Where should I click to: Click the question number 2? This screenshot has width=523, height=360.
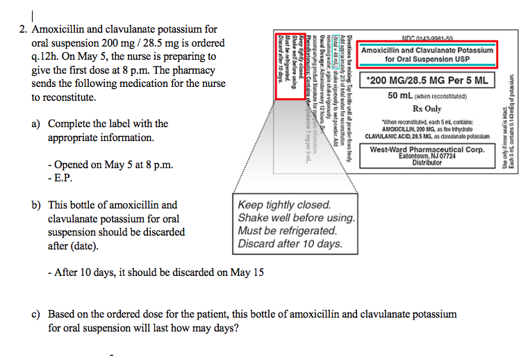pyautogui.click(x=23, y=30)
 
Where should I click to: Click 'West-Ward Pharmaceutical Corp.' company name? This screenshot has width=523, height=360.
pyautogui.click(x=426, y=149)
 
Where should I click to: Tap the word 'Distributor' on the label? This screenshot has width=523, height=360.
pyautogui.click(x=426, y=163)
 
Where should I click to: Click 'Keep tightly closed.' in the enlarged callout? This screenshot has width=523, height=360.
pyautogui.click(x=284, y=206)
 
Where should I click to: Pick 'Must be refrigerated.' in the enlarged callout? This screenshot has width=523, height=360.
pyautogui.click(x=287, y=231)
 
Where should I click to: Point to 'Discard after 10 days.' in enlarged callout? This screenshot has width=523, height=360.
pyautogui.click(x=290, y=244)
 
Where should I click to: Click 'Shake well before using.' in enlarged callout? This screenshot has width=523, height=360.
pyautogui.click(x=296, y=218)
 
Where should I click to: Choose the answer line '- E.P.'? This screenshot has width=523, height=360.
pyautogui.click(x=61, y=178)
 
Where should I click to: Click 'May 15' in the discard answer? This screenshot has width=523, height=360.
pyautogui.click(x=247, y=272)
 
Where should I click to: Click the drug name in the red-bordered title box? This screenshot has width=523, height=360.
pyautogui.click(x=426, y=55)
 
